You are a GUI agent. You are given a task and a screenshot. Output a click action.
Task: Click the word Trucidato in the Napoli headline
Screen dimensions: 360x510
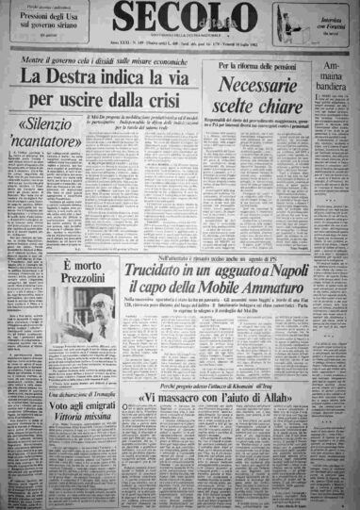coord(162,247)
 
